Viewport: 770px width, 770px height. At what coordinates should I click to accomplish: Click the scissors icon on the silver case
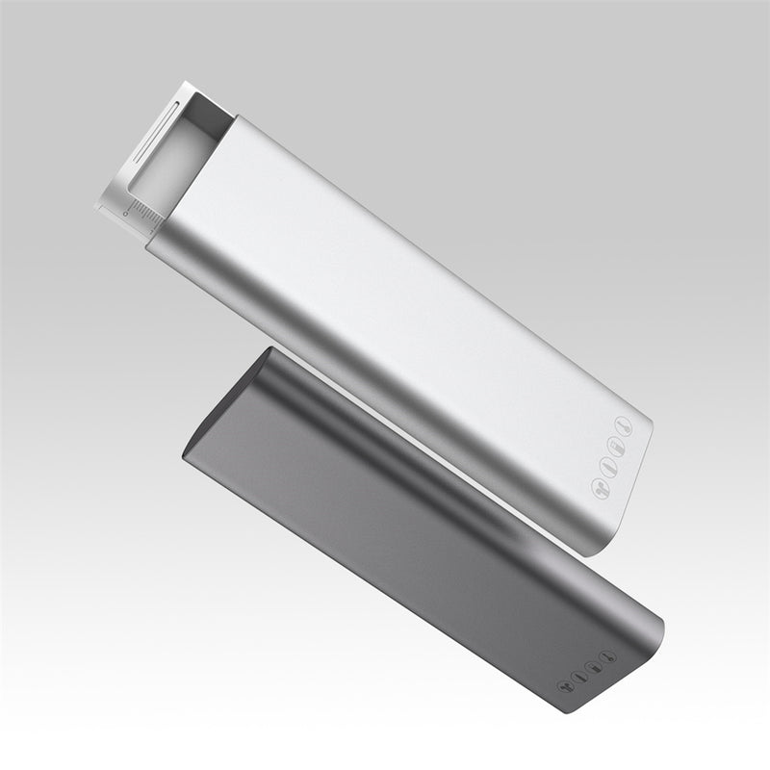[601, 489]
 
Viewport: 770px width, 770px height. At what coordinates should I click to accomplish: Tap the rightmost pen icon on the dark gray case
[607, 657]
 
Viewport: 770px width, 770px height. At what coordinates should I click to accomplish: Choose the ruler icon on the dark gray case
[594, 667]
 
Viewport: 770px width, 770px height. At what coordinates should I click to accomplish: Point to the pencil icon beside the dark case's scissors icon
[578, 678]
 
